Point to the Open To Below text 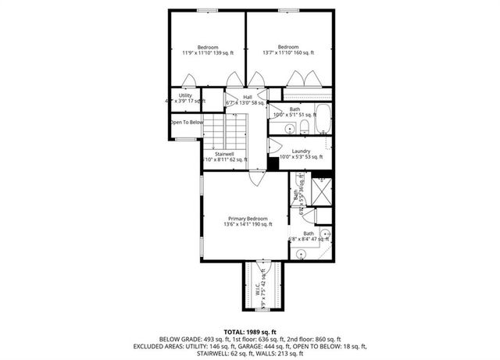click(x=187, y=122)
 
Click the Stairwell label click(x=225, y=156)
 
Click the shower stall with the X click(x=321, y=191)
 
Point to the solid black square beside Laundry click(x=273, y=161)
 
